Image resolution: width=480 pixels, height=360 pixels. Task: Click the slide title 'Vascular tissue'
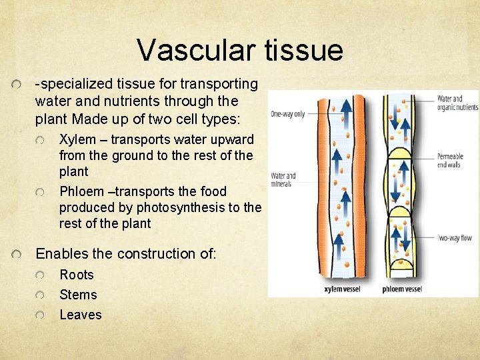[x=239, y=50]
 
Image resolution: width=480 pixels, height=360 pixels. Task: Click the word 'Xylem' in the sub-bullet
[x=77, y=140]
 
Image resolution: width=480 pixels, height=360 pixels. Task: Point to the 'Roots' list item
[x=77, y=275]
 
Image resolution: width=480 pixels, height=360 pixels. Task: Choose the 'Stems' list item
[x=78, y=295]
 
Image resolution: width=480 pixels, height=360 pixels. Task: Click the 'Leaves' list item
[x=81, y=315]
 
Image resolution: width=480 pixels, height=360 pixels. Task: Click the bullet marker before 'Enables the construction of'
[x=21, y=255]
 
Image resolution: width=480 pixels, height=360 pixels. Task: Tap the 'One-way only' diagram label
[x=287, y=114]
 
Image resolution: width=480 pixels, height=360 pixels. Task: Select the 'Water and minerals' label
[x=283, y=180]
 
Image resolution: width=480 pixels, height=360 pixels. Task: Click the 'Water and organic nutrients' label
[x=457, y=103]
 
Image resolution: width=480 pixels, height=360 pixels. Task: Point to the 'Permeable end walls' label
[x=450, y=161]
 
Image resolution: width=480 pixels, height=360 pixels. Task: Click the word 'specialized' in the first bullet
[x=74, y=84]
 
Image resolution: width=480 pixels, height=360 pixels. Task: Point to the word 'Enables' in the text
[x=60, y=254]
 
